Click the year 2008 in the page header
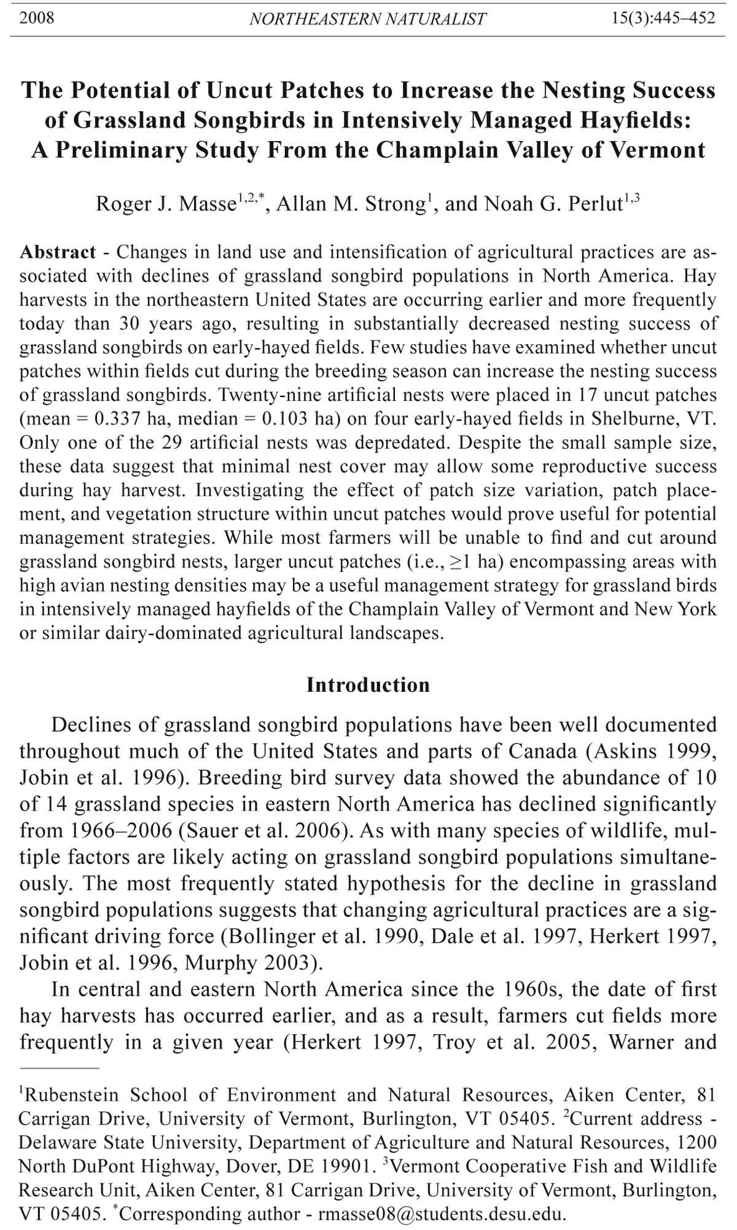click(37, 18)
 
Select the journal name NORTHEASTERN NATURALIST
click(367, 19)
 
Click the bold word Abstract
click(58, 252)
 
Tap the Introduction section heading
click(368, 685)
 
